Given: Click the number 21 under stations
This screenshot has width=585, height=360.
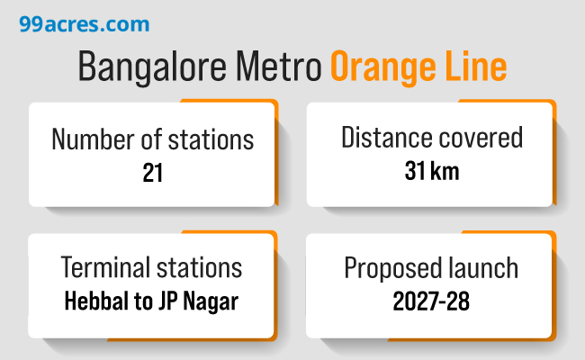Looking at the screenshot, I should [152, 173].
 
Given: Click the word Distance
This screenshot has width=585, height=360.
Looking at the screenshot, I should [382, 138].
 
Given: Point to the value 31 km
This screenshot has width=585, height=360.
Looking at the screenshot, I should [431, 171].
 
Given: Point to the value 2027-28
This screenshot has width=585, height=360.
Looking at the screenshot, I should [431, 301].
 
